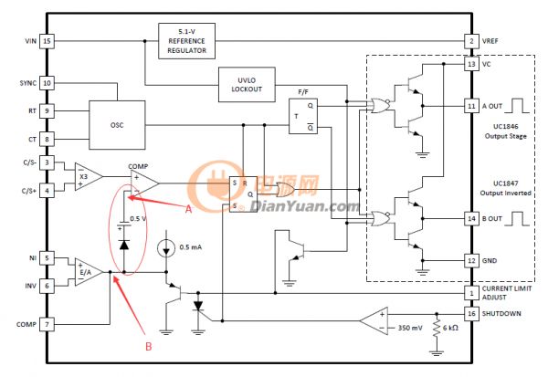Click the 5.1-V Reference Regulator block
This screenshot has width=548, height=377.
pos(186,41)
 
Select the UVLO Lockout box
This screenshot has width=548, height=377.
pos(247,85)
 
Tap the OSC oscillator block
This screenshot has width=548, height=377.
pos(117,125)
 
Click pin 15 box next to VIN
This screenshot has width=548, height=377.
pos(47,41)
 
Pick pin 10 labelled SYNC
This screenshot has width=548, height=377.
pos(47,83)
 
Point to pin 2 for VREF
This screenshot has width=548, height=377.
pos(471,41)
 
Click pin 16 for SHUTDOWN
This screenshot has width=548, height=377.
pos(471,314)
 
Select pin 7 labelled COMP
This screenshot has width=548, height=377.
pos(47,325)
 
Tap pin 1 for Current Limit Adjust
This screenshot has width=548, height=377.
pos(471,293)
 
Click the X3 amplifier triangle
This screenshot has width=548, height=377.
pos(87,177)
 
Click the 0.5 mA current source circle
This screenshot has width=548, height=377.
pos(166,248)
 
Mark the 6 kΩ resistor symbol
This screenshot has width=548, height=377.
pos(437,329)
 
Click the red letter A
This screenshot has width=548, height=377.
pos(189,209)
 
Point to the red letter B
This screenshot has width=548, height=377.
pos(149,346)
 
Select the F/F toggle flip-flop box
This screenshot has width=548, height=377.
pos(303,116)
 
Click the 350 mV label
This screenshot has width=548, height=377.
pos(410,328)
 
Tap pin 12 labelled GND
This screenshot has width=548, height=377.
pos(471,261)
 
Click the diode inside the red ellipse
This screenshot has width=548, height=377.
pos(124,245)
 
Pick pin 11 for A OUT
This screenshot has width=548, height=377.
pos(471,106)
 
